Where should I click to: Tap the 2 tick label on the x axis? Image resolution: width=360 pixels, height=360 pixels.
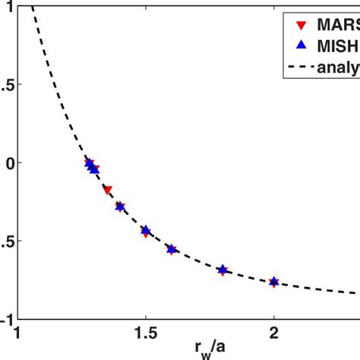tap(273, 332)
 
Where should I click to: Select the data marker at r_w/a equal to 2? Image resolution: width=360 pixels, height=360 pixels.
tap(274, 282)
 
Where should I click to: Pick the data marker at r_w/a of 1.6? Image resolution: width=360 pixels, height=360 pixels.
tap(172, 249)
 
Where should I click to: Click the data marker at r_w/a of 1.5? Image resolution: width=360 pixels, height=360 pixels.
tap(146, 231)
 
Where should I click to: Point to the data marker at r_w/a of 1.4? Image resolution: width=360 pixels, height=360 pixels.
tap(120, 206)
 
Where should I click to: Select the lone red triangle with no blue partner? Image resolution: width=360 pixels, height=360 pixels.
tap(107, 190)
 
